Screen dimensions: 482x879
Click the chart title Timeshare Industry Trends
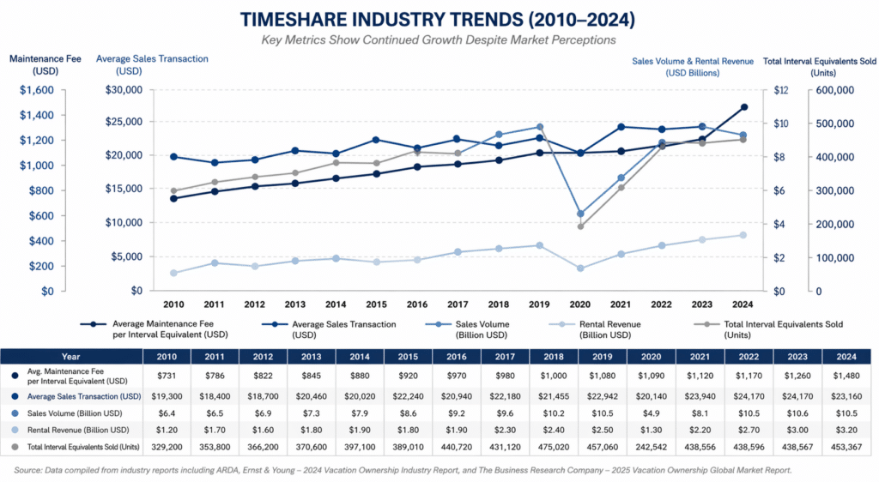click(439, 19)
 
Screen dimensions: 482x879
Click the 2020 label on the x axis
click(580, 304)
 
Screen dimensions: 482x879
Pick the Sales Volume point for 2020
click(580, 214)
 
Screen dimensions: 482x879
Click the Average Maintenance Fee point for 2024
click(743, 107)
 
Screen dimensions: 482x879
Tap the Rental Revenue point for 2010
click(173, 273)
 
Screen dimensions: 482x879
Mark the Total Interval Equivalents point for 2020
click(580, 226)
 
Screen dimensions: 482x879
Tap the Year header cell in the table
click(70, 355)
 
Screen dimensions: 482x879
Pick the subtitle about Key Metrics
click(439, 40)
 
